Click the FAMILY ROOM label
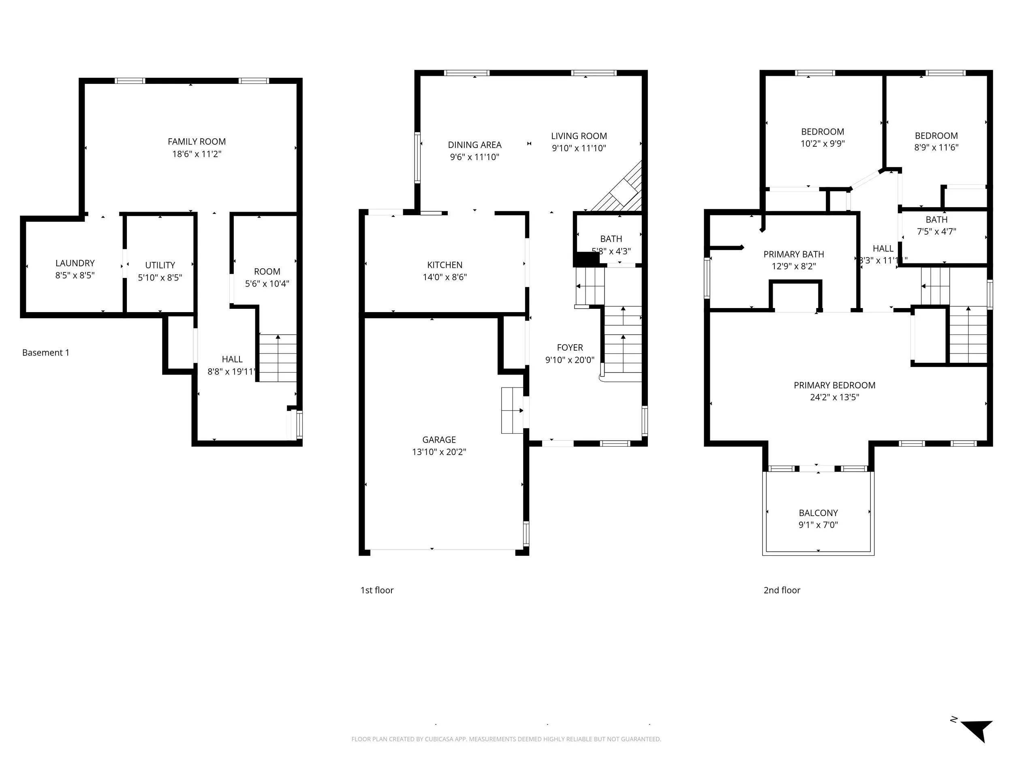tap(197, 141)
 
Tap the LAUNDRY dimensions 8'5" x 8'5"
tap(75, 275)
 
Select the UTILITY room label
tap(160, 265)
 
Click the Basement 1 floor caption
tap(46, 352)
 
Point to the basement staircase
tap(278, 358)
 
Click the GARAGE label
tap(439, 439)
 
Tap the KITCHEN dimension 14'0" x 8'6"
tap(445, 277)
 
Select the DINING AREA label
tap(474, 145)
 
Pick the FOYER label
tap(570, 347)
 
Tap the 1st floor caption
tap(377, 590)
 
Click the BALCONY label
tap(818, 513)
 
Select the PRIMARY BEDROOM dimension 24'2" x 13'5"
tap(834, 397)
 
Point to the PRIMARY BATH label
tap(794, 254)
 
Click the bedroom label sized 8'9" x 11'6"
tap(936, 136)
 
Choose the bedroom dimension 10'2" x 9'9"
tap(823, 143)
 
